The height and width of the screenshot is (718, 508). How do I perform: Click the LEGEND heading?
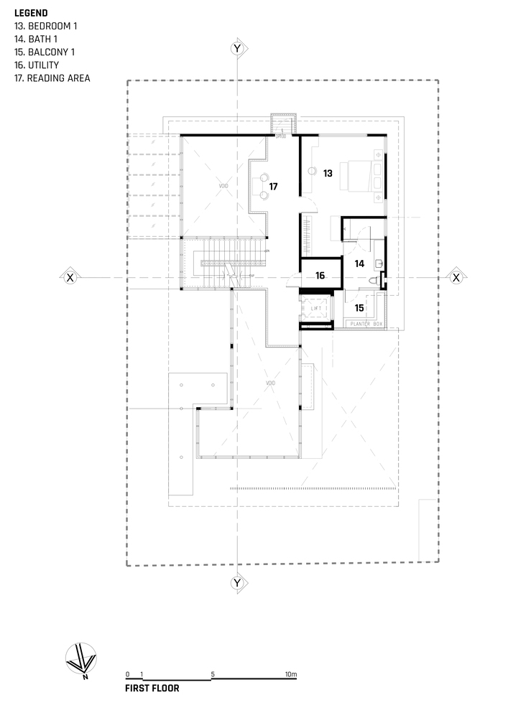(31, 13)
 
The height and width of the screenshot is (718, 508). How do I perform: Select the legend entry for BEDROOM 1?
(45, 26)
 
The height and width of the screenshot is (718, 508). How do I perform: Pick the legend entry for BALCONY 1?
(45, 52)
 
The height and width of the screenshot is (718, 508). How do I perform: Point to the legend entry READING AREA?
(52, 78)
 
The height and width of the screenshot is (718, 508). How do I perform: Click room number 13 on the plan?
(328, 173)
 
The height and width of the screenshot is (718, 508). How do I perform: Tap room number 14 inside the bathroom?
(359, 264)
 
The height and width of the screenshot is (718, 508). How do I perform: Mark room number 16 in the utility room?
(320, 276)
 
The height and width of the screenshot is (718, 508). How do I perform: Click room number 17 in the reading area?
(273, 186)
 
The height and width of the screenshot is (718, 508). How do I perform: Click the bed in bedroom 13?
(362, 177)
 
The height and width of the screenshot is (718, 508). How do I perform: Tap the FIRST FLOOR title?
(152, 688)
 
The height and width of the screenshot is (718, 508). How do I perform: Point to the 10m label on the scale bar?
(290, 674)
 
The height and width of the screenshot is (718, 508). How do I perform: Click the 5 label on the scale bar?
(213, 674)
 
